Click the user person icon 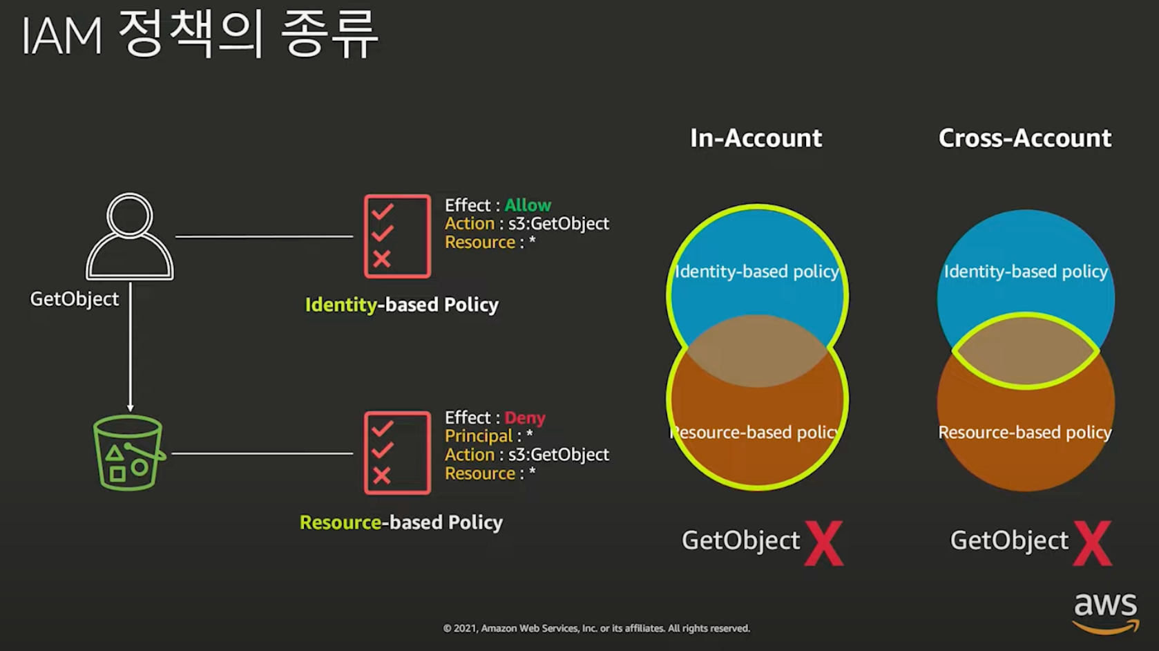[x=130, y=236]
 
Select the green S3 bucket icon [x=128, y=453]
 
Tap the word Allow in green [x=528, y=205]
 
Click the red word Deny [x=525, y=418]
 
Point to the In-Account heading [x=756, y=138]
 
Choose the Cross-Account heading [x=1025, y=138]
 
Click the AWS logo [x=1105, y=612]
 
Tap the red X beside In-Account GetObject [x=823, y=544]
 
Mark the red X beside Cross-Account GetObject [x=1092, y=544]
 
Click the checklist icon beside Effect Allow [x=397, y=236]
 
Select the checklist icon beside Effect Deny [x=397, y=453]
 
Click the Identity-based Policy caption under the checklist [x=401, y=305]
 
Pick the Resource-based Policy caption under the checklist [x=401, y=522]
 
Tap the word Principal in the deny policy [x=479, y=436]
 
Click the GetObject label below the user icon [x=75, y=299]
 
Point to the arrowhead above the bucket [x=130, y=408]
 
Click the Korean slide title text [x=200, y=35]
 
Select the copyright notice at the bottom [x=596, y=628]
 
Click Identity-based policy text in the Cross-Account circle [x=1026, y=272]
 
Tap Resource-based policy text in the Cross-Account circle [x=1025, y=433]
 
